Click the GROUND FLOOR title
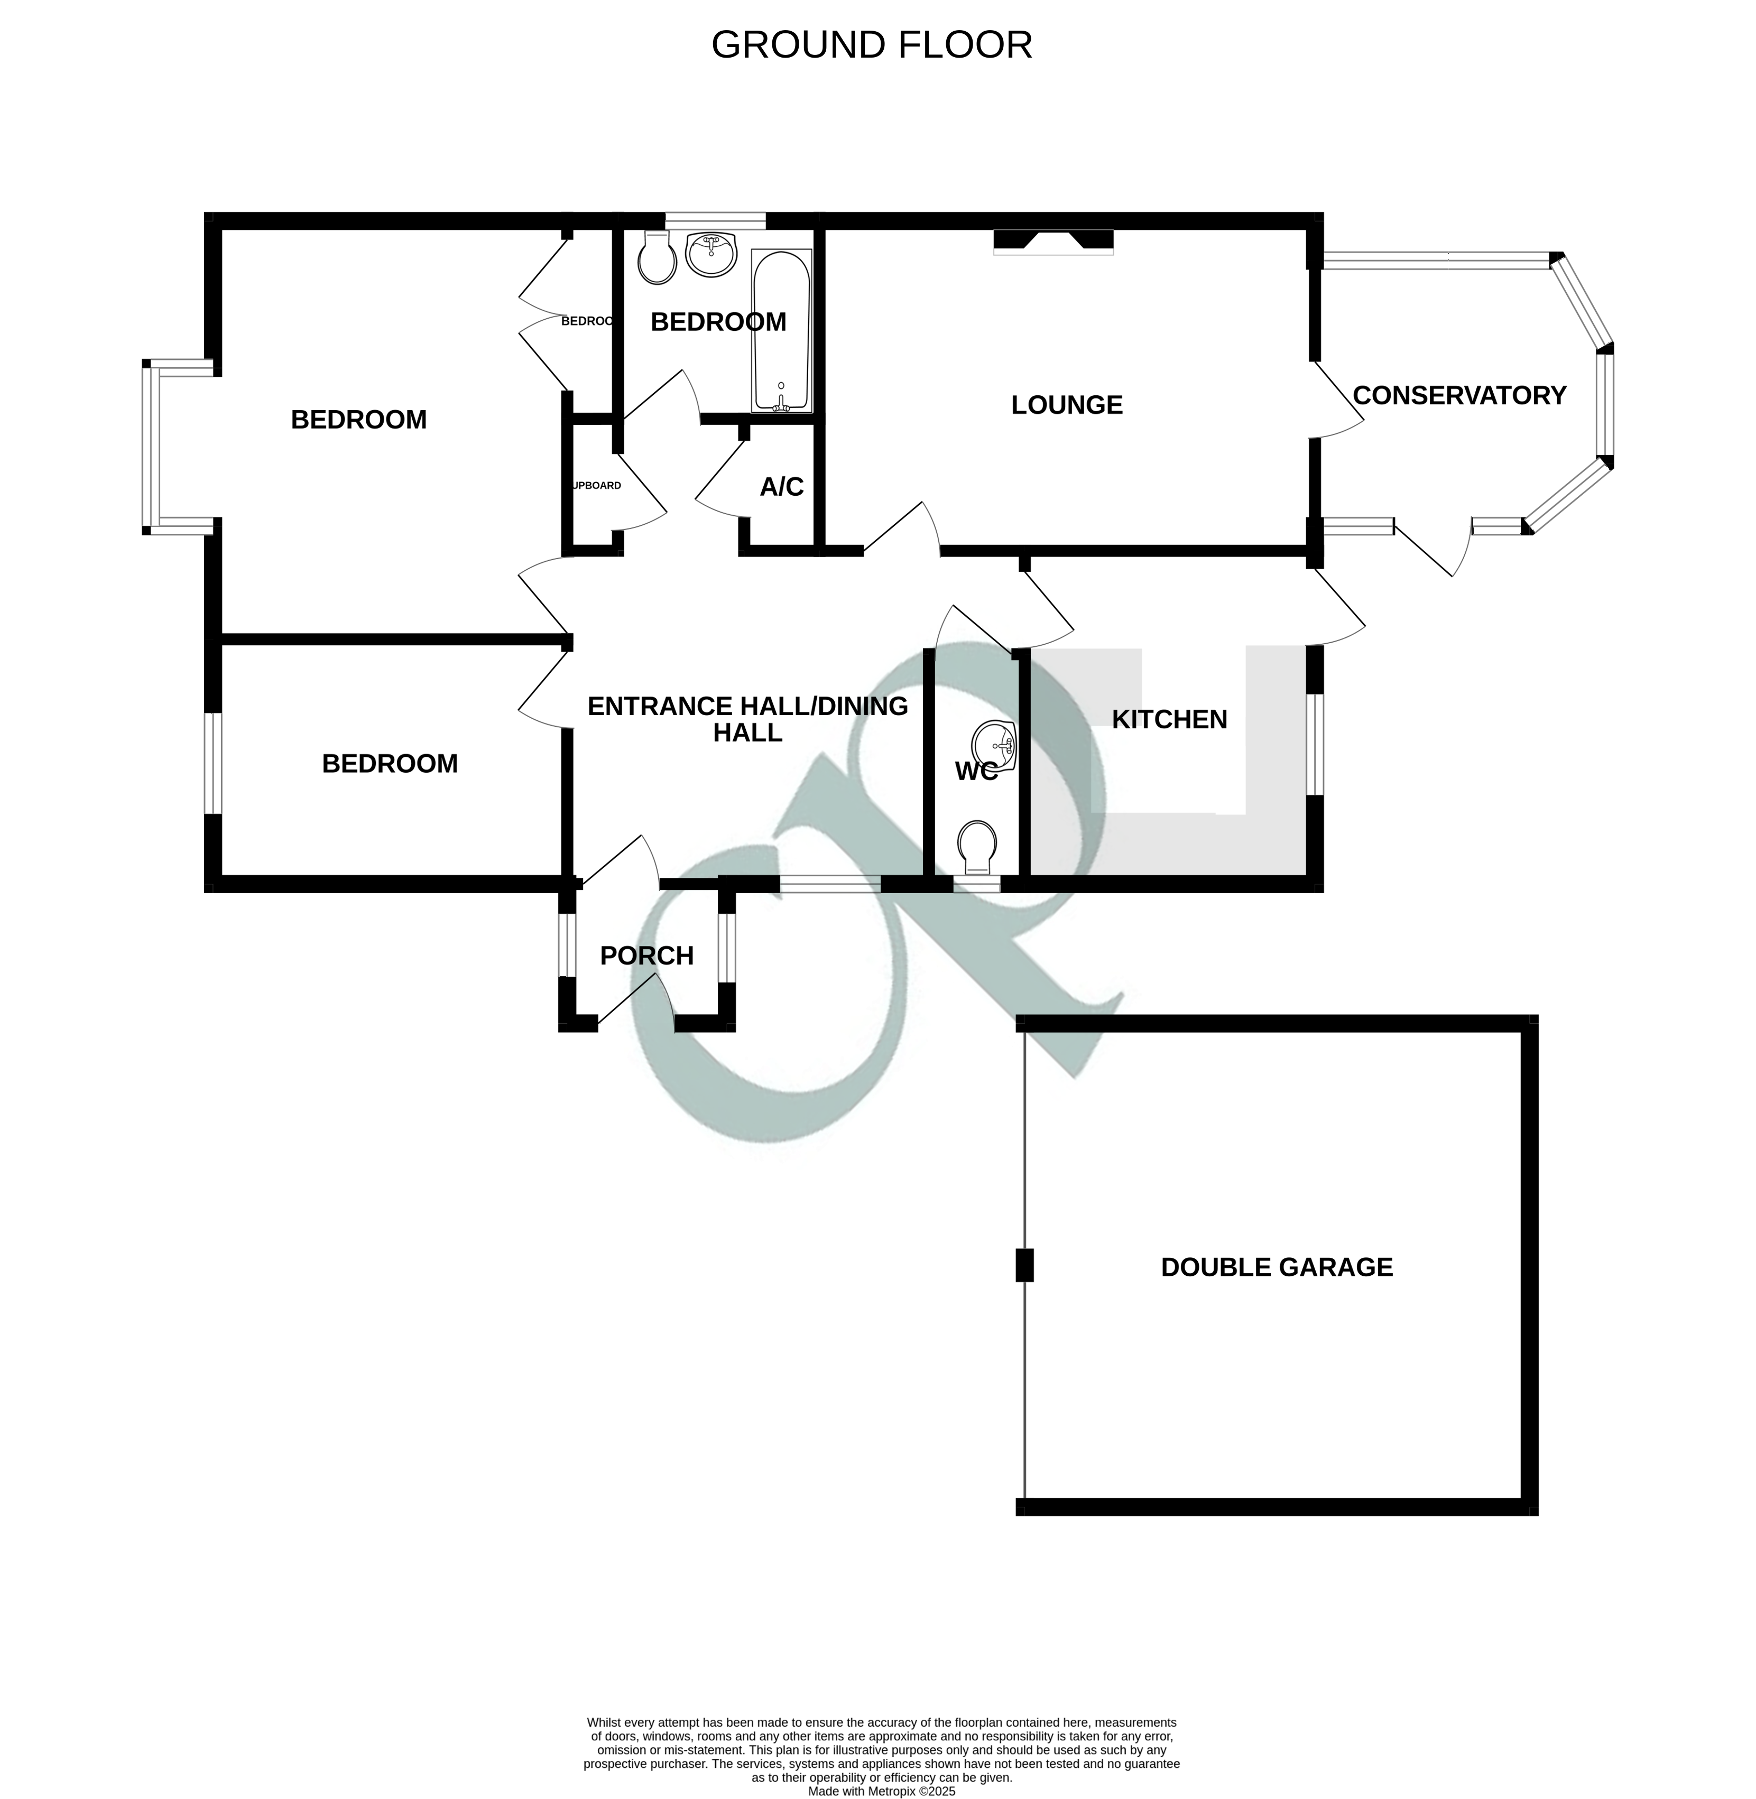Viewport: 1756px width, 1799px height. click(872, 45)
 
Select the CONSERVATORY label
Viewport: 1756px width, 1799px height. click(1459, 395)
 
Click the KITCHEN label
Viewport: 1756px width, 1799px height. click(1169, 719)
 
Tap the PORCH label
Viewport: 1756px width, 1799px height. click(646, 956)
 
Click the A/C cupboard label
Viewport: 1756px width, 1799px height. click(781, 486)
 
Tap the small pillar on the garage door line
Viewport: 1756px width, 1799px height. click(1024, 1265)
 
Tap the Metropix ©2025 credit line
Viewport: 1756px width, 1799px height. click(881, 1766)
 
